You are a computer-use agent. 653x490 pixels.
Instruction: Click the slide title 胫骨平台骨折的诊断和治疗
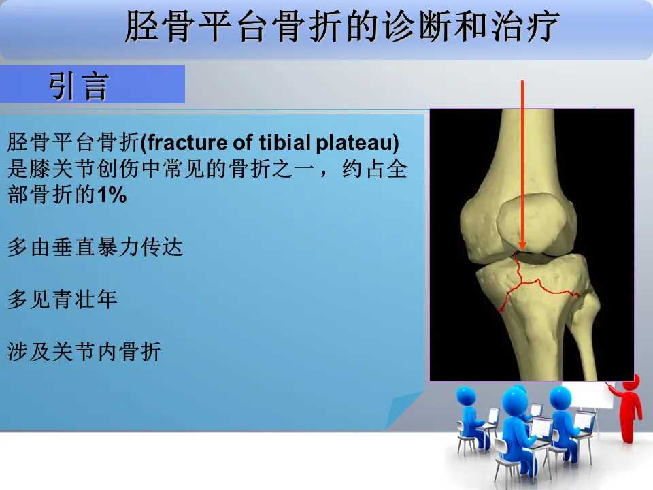pos(341,26)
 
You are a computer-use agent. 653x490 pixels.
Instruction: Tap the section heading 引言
pos(79,86)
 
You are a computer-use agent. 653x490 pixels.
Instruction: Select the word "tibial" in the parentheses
pos(284,142)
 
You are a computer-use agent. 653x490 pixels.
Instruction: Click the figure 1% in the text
pos(112,195)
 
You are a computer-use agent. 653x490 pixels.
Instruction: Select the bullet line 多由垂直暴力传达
pos(95,246)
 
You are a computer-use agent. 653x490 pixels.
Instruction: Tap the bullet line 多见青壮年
pos(63,299)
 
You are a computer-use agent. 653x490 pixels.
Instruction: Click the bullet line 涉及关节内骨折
pos(84,351)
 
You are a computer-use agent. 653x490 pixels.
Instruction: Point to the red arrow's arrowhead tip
pos(522,250)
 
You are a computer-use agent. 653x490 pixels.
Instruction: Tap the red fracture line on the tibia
pos(537,283)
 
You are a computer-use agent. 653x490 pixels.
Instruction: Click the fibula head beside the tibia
pos(588,304)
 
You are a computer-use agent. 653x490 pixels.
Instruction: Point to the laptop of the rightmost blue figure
pos(584,422)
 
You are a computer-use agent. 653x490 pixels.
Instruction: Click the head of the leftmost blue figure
pos(466,396)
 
